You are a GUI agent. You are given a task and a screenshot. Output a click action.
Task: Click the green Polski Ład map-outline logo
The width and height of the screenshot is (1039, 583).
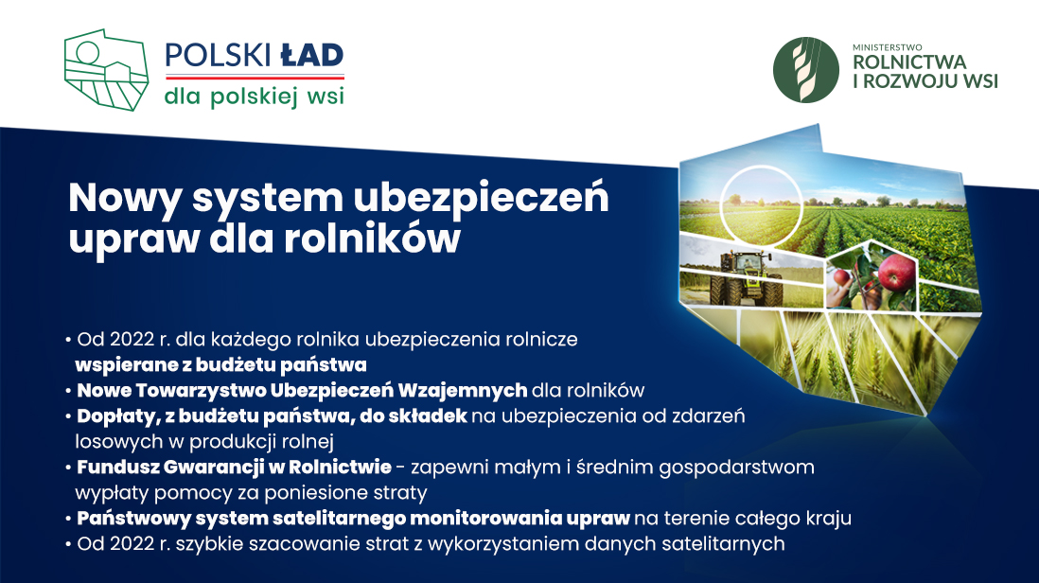106,70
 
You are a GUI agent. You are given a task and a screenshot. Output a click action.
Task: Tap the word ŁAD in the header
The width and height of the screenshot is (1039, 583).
312,56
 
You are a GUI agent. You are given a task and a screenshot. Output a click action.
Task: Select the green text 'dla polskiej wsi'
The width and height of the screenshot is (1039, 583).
255,97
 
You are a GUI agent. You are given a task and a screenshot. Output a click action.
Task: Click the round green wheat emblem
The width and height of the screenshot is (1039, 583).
806,70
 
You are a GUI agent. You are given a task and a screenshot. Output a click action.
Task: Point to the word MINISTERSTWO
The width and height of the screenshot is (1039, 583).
888,47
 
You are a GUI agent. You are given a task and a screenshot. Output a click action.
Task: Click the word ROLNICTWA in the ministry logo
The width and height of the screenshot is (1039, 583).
909,62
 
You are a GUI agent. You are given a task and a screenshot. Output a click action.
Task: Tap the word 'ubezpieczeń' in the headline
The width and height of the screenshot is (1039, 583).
481,198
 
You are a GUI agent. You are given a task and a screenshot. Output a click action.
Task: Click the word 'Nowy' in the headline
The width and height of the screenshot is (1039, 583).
125,198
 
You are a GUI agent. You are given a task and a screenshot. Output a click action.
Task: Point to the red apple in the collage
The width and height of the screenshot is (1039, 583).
895,273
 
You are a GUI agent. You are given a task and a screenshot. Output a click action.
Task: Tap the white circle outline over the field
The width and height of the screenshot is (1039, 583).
761,167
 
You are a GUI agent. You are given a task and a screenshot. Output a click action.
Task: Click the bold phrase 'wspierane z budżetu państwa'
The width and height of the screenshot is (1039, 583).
220,365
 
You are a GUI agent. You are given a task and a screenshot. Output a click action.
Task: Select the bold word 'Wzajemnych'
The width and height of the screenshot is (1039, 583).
462,390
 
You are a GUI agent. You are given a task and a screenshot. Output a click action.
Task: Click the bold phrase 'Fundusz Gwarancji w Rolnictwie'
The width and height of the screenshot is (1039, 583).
234,468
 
